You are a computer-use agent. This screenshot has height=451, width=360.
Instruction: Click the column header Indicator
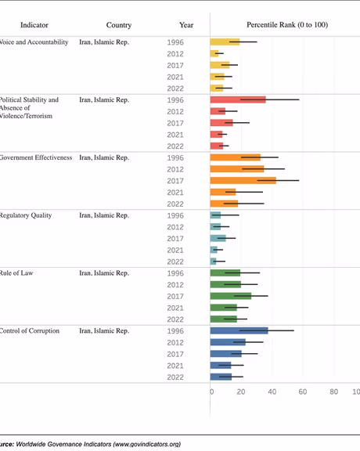tap(34, 24)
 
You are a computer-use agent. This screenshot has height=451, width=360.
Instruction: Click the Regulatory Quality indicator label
tap(26, 215)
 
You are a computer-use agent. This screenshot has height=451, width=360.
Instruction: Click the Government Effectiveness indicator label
tap(36, 157)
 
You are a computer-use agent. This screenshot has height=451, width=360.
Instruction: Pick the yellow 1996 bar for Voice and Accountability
tap(225, 41)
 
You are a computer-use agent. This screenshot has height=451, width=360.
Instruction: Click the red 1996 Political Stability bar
tap(238, 99)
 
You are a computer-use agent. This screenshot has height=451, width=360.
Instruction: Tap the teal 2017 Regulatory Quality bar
tap(218, 238)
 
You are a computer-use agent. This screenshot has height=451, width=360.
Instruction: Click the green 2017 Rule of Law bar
tap(231, 296)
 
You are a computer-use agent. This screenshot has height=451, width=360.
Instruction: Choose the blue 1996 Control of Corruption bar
tap(239, 331)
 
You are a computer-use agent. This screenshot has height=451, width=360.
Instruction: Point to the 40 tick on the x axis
tap(272, 391)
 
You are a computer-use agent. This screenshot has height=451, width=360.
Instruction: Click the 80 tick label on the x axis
tap(333, 391)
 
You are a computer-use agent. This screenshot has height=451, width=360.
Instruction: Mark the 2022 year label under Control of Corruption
tap(176, 377)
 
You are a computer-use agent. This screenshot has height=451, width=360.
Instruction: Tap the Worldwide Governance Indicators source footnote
tap(90, 444)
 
